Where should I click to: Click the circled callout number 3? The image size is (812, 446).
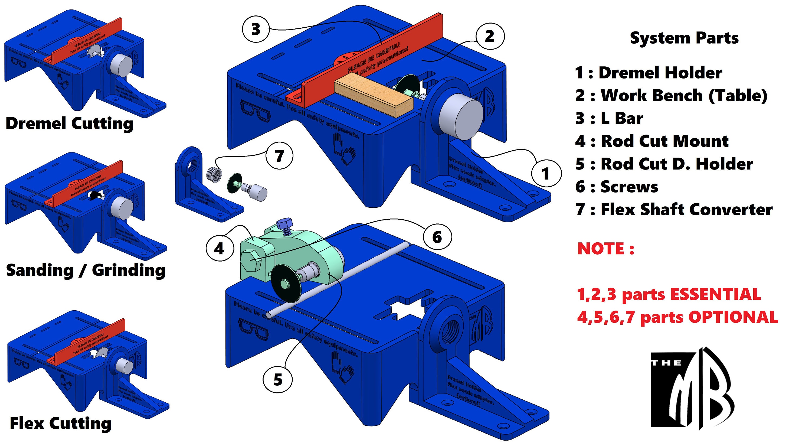tap(256, 29)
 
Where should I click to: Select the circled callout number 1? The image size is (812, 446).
tap(546, 174)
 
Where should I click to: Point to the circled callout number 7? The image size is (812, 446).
tap(279, 156)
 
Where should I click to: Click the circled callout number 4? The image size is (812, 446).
tap(220, 249)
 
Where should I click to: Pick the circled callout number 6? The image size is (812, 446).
tap(437, 237)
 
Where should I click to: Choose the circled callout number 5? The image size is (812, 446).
tap(277, 379)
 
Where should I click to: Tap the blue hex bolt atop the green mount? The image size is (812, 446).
tap(285, 224)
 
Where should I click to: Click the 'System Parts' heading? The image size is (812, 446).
tap(684, 38)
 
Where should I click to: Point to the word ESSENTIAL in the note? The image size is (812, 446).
tap(716, 294)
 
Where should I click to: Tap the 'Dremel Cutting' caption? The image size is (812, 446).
tap(70, 123)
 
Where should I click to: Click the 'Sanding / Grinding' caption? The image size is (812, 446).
tap(86, 270)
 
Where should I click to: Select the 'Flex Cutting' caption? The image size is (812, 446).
tap(61, 423)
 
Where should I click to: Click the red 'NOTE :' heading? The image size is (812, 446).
tap(605, 249)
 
